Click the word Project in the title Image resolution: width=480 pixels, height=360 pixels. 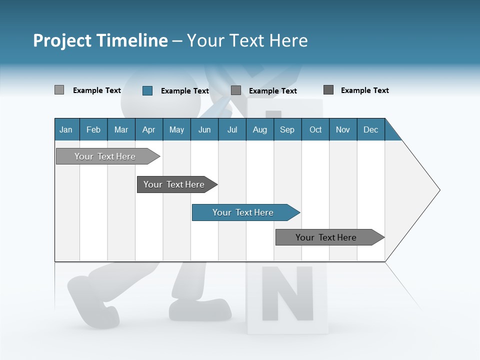[61, 41]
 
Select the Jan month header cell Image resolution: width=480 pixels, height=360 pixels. [66, 129]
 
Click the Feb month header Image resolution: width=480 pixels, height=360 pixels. [93, 129]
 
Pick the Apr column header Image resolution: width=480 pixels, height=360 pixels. [148, 129]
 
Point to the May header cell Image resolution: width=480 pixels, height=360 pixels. [176, 129]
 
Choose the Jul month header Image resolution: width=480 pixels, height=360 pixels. [232, 129]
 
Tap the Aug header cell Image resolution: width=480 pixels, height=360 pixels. [259, 129]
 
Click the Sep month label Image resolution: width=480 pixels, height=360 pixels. [287, 129]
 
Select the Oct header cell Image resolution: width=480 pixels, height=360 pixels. [315, 129]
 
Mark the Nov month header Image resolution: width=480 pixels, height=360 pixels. [343, 129]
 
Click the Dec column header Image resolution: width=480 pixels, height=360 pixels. [370, 129]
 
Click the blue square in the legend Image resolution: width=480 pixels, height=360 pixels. [147, 90]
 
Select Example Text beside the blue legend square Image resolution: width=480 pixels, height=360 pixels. [184, 91]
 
